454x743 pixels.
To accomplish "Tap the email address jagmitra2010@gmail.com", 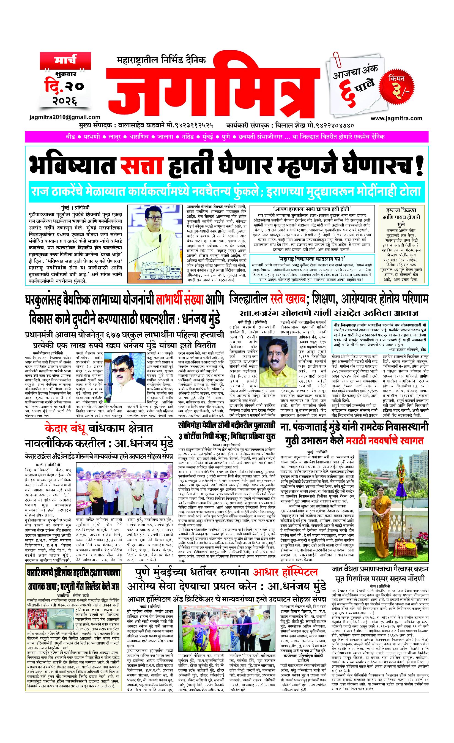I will [x=65, y=117].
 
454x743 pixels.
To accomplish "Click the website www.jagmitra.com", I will [x=396, y=118].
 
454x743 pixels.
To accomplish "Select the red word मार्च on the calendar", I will [x=65, y=60].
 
